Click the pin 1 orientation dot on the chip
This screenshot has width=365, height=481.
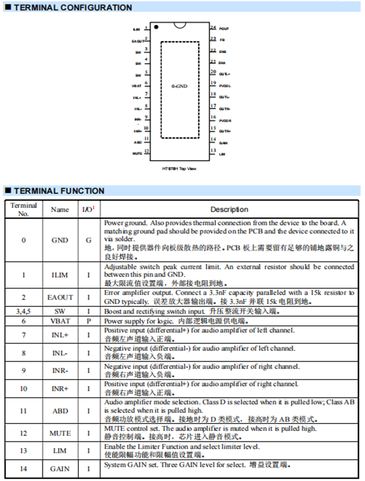[x=156, y=26]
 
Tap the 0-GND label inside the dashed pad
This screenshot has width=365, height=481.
[x=180, y=86]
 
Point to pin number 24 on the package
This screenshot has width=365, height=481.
[x=213, y=27]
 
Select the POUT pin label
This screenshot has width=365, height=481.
[x=224, y=28]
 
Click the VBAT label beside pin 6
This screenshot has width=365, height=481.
[x=137, y=86]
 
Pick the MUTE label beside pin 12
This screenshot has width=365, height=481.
[x=137, y=153]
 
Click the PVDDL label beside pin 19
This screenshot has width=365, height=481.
[x=225, y=86]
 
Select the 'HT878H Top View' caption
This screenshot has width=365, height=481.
[x=180, y=168]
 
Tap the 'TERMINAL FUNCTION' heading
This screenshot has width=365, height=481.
[x=59, y=191]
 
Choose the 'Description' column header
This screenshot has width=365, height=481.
[x=229, y=209]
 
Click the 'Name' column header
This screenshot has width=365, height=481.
[x=59, y=209]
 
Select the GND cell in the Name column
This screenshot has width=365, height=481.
[x=59, y=240]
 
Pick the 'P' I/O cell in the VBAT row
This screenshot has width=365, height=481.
[x=88, y=320]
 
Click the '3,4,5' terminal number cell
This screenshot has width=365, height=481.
[x=24, y=311]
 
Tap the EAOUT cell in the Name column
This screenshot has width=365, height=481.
[x=59, y=296]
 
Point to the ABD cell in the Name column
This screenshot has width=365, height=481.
[x=59, y=411]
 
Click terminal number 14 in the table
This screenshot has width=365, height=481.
[x=24, y=468]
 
